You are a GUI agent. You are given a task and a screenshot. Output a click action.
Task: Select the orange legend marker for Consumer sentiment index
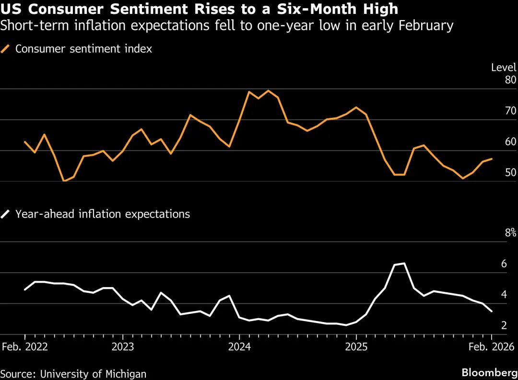pos(6,48)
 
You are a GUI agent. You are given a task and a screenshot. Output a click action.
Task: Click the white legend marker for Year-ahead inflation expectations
pos(6,214)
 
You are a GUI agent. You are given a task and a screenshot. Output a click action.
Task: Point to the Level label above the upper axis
pos(504,68)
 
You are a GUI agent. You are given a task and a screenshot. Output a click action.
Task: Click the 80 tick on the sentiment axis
pos(510,80)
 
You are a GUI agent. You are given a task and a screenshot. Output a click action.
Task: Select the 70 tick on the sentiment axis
pos(510,111)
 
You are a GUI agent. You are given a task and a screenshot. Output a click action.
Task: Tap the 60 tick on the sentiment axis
pos(510,142)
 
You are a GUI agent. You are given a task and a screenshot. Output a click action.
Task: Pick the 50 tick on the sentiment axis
pos(510,173)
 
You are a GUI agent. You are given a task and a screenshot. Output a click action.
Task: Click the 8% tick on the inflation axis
pos(510,233)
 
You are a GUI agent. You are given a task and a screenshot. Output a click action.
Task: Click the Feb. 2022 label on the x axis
pos(24,347)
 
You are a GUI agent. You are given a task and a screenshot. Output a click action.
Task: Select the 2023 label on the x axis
pos(122,347)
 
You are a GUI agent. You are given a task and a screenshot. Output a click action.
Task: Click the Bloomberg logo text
pos(489,373)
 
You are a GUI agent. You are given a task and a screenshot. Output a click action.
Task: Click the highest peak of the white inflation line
pos(404,263)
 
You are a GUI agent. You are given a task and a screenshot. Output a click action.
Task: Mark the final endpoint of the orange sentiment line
pos(492,159)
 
